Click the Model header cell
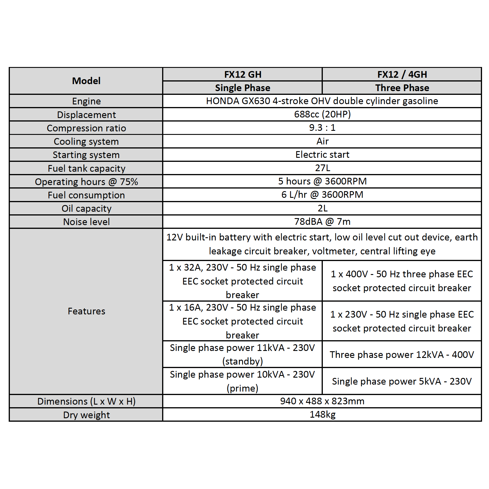[x=86, y=81]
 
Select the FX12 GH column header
[x=242, y=75]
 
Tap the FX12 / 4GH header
[x=402, y=75]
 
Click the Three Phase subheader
[x=402, y=88]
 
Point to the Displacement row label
[x=86, y=115]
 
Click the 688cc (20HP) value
[x=322, y=114]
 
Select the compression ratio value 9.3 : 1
[x=322, y=128]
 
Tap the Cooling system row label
[x=86, y=142]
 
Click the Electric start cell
[x=322, y=155]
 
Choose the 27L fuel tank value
[x=322, y=168]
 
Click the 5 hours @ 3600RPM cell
[x=322, y=181]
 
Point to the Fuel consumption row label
[x=86, y=195]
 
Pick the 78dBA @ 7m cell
[x=322, y=222]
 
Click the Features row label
[x=86, y=311]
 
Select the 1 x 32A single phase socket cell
[x=242, y=281]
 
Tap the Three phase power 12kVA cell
[x=402, y=354]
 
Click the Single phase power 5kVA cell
[x=402, y=381]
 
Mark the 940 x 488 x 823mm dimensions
[x=322, y=401]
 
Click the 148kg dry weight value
[x=322, y=414]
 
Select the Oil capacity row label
[x=86, y=209]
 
